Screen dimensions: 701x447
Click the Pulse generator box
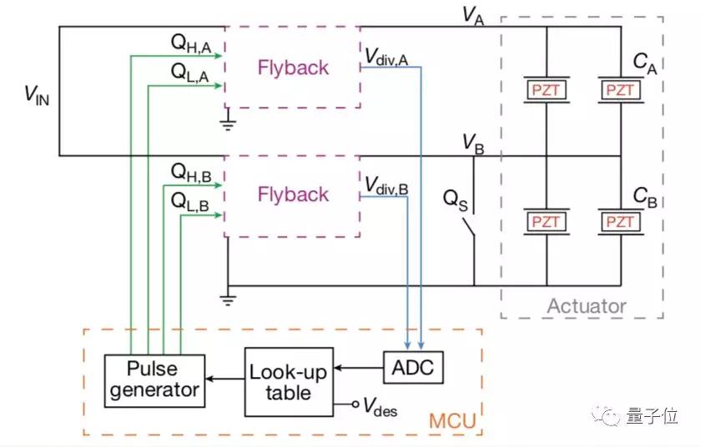click(154, 381)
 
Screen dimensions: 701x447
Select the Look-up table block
click(289, 382)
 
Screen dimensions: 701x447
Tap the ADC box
click(414, 368)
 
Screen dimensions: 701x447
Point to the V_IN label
click(37, 95)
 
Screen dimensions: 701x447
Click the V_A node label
click(473, 16)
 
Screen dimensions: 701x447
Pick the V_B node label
click(473, 143)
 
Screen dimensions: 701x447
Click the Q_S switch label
click(456, 200)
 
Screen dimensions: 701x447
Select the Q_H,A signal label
click(191, 44)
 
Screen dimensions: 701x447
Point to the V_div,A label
click(386, 58)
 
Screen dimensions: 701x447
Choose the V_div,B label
click(386, 185)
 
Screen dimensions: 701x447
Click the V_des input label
click(380, 406)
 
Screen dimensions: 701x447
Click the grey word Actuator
click(587, 306)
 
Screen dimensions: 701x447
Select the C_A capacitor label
click(645, 63)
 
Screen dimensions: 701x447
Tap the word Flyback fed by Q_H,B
click(293, 194)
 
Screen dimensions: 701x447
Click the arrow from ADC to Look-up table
click(359, 368)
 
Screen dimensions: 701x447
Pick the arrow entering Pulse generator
click(224, 379)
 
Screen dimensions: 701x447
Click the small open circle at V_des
click(356, 404)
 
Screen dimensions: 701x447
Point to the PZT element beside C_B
click(621, 222)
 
